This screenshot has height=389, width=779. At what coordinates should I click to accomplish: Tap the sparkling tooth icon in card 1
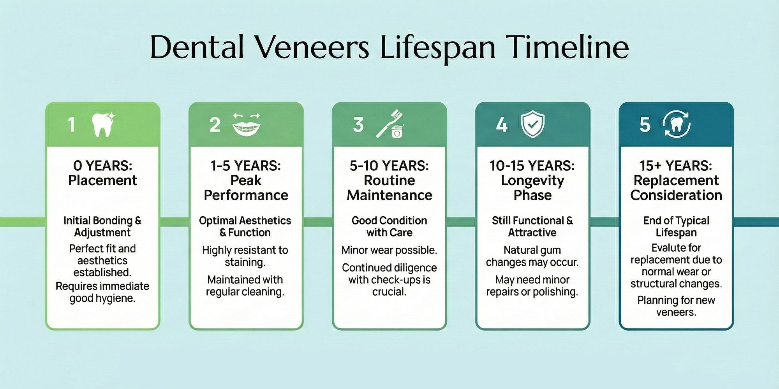click(x=103, y=124)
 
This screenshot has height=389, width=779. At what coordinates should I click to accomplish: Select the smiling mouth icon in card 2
click(x=246, y=124)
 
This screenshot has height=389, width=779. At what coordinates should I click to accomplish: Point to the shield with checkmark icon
click(x=533, y=124)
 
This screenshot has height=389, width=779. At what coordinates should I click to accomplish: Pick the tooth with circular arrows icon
click(x=676, y=124)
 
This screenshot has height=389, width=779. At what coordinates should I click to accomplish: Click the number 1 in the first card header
click(x=71, y=125)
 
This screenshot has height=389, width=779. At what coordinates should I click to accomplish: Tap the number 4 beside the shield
click(x=502, y=125)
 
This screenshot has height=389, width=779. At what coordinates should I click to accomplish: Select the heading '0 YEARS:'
click(x=103, y=166)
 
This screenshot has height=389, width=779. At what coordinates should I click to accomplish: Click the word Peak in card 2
click(x=246, y=180)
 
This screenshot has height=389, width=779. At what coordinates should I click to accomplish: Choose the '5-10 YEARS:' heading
click(x=389, y=166)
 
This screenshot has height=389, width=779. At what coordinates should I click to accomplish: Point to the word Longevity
click(x=532, y=180)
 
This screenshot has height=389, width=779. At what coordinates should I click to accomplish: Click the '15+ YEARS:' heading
click(x=676, y=166)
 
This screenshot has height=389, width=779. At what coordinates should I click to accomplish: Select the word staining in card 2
click(x=245, y=262)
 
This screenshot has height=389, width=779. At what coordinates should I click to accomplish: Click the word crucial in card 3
click(x=389, y=292)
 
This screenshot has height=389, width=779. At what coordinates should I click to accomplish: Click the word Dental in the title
click(x=197, y=47)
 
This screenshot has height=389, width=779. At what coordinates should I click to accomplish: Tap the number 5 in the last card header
click(x=645, y=125)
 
